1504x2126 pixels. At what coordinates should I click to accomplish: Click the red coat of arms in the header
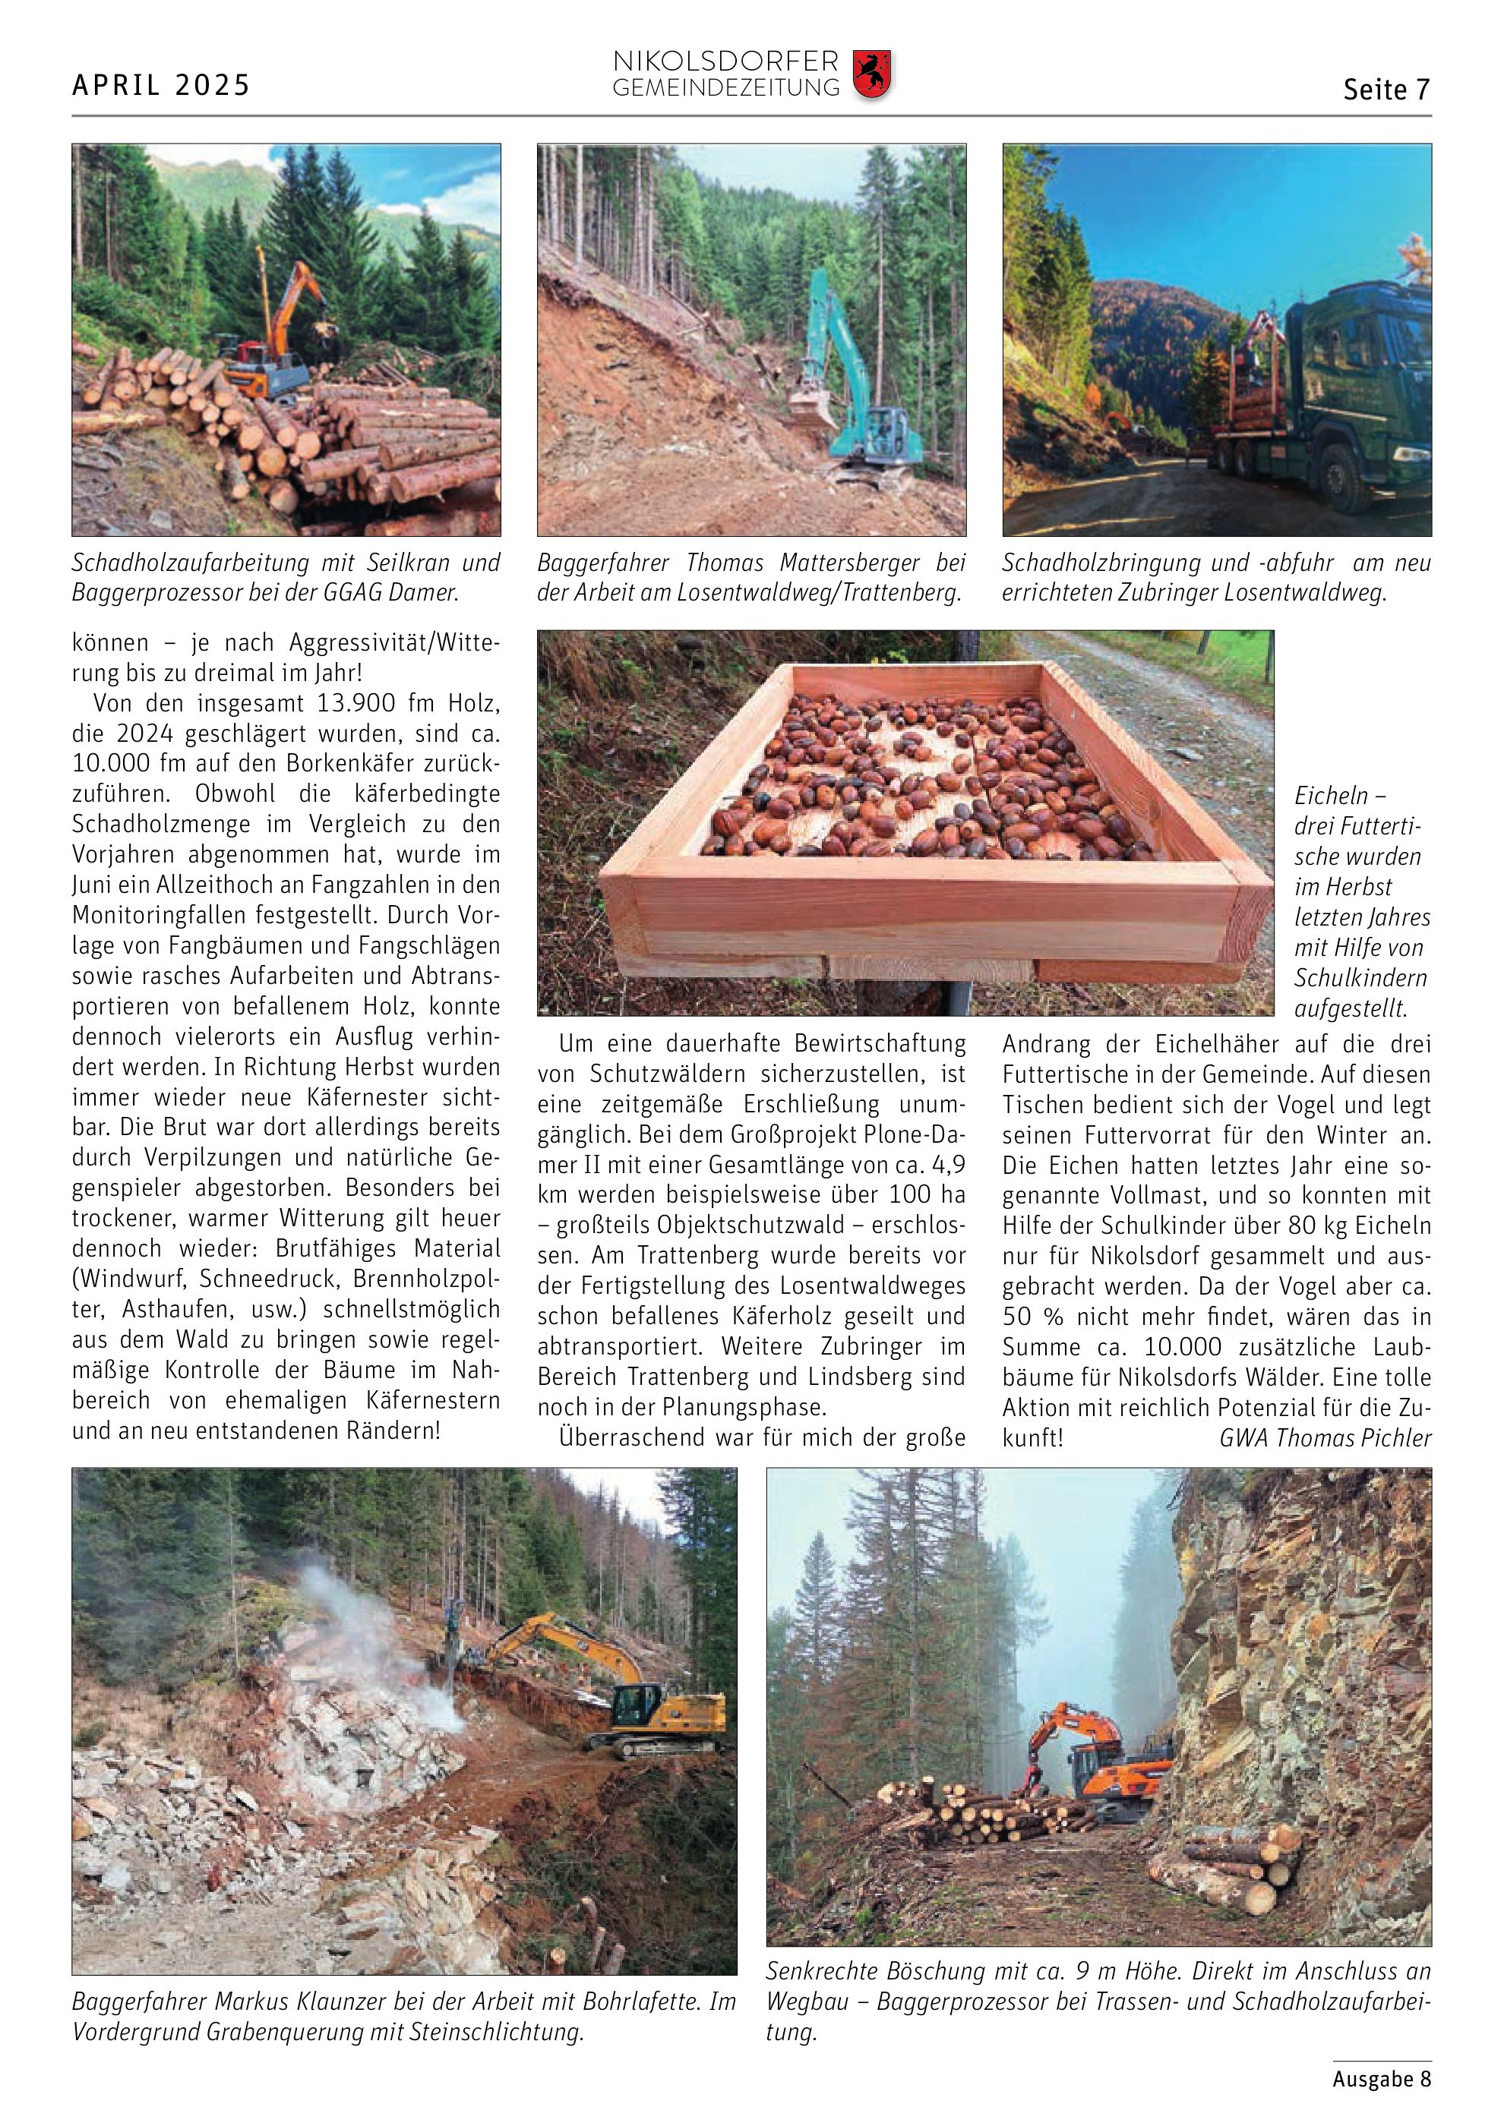(870, 75)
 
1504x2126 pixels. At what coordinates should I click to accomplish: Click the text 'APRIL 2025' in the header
(161, 86)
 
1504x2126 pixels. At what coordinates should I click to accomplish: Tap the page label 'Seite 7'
(1386, 90)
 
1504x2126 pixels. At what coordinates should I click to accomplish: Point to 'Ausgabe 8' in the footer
(1382, 2079)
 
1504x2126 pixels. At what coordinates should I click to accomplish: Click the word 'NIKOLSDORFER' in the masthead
(725, 63)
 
